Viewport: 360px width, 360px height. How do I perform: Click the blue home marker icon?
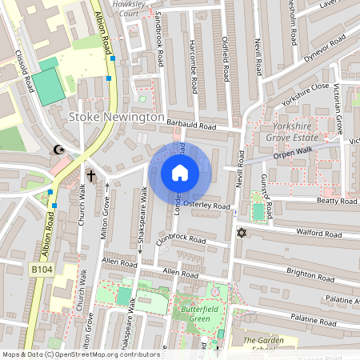pyautogui.click(x=180, y=173)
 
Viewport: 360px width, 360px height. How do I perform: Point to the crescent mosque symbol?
pyautogui.click(x=58, y=149)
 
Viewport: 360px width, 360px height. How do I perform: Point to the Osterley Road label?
pyautogui.click(x=206, y=206)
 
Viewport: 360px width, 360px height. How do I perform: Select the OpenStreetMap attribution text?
pyautogui.click(x=80, y=354)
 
